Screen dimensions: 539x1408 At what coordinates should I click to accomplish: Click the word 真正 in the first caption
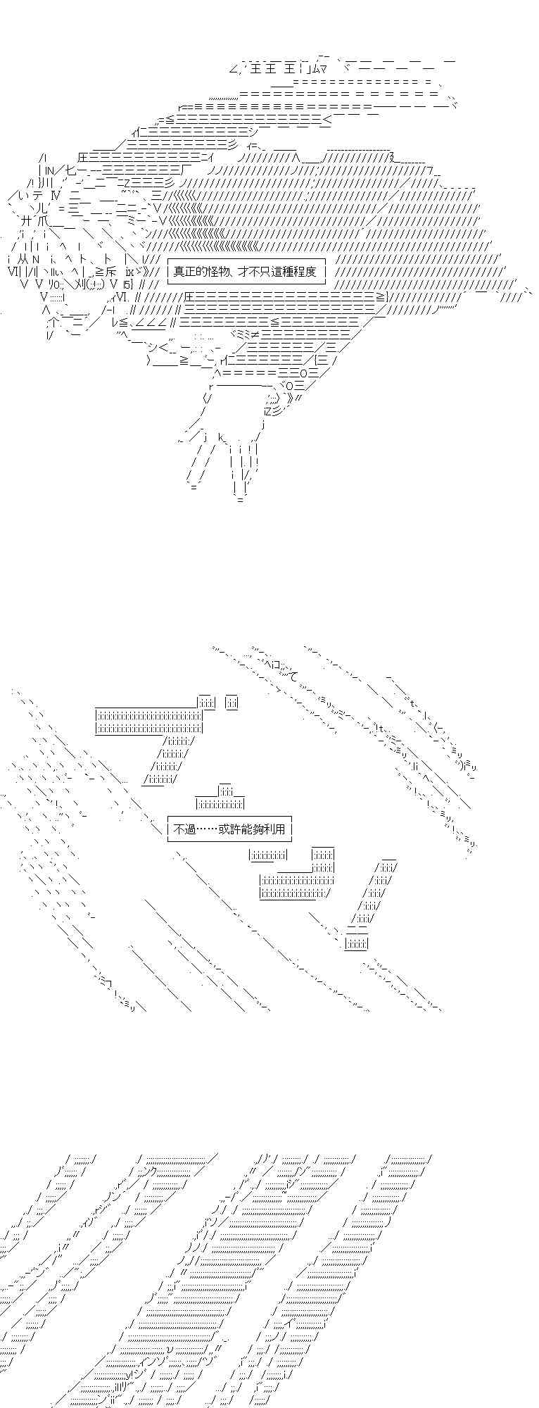184,271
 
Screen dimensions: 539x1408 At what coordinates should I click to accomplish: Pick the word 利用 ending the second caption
274,829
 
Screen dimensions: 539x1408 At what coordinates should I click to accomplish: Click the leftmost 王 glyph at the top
255,68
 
